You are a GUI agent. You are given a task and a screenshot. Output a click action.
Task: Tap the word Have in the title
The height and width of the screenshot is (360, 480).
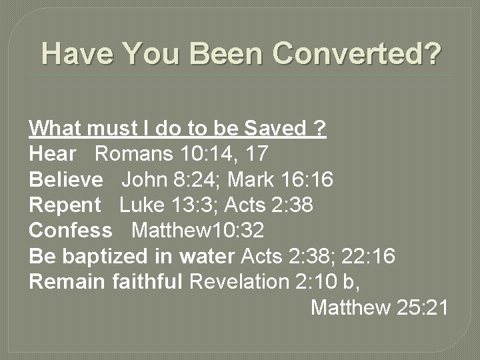74,54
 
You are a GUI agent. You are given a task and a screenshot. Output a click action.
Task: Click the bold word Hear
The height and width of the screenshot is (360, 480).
53,154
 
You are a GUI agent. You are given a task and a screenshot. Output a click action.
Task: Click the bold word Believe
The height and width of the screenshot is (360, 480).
66,180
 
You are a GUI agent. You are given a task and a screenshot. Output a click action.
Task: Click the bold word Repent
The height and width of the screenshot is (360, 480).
65,205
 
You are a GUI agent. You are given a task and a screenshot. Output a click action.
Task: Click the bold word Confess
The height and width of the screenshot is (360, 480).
71,231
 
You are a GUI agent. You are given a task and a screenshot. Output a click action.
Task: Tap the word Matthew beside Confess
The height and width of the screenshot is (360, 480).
171,231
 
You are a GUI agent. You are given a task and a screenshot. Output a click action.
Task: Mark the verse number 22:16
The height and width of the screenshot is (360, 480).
363,257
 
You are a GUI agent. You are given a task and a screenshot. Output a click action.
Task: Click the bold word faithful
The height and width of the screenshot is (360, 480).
147,282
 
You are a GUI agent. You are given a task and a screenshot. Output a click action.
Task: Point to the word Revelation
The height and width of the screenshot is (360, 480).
238,282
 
